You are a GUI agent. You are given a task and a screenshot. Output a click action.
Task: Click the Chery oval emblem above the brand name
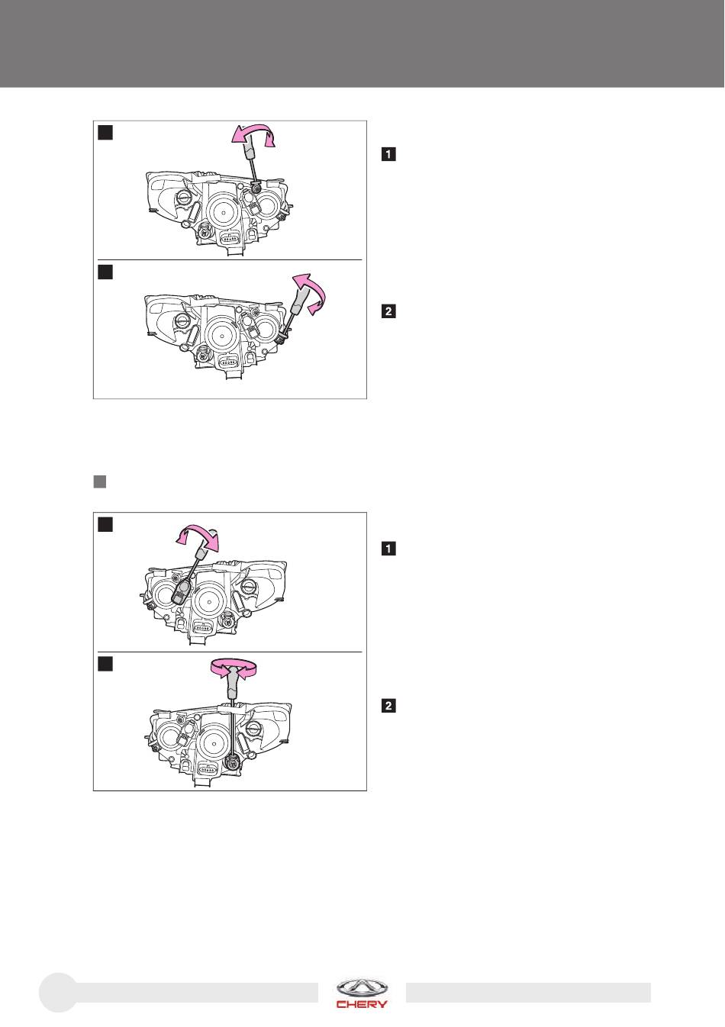click(362, 989)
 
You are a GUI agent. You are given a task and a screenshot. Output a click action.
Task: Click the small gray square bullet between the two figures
click(100, 481)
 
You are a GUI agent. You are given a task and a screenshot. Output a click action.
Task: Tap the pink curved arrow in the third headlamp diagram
click(197, 537)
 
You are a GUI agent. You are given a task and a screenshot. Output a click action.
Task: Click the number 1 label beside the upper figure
click(388, 154)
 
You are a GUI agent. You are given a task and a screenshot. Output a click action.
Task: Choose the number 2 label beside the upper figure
click(388, 311)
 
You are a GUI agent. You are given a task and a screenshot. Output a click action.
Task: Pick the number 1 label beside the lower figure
click(388, 549)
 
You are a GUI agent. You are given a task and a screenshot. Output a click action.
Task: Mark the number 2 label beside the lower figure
click(388, 706)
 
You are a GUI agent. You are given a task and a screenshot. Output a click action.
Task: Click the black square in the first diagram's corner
click(105, 133)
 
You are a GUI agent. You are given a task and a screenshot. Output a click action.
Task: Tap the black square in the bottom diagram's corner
click(105, 664)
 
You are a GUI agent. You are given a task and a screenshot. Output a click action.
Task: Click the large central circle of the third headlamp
click(209, 600)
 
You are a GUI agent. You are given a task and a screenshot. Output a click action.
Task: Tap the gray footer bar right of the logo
click(528, 993)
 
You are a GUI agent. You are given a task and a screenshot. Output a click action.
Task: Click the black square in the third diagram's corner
click(105, 524)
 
